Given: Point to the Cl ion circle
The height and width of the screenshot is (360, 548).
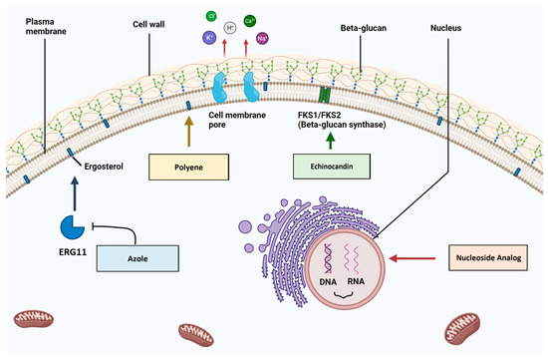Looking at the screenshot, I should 212,16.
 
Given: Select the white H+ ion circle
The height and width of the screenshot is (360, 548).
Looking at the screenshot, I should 231,29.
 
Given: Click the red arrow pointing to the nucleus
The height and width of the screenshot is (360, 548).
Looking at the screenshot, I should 411,259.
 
